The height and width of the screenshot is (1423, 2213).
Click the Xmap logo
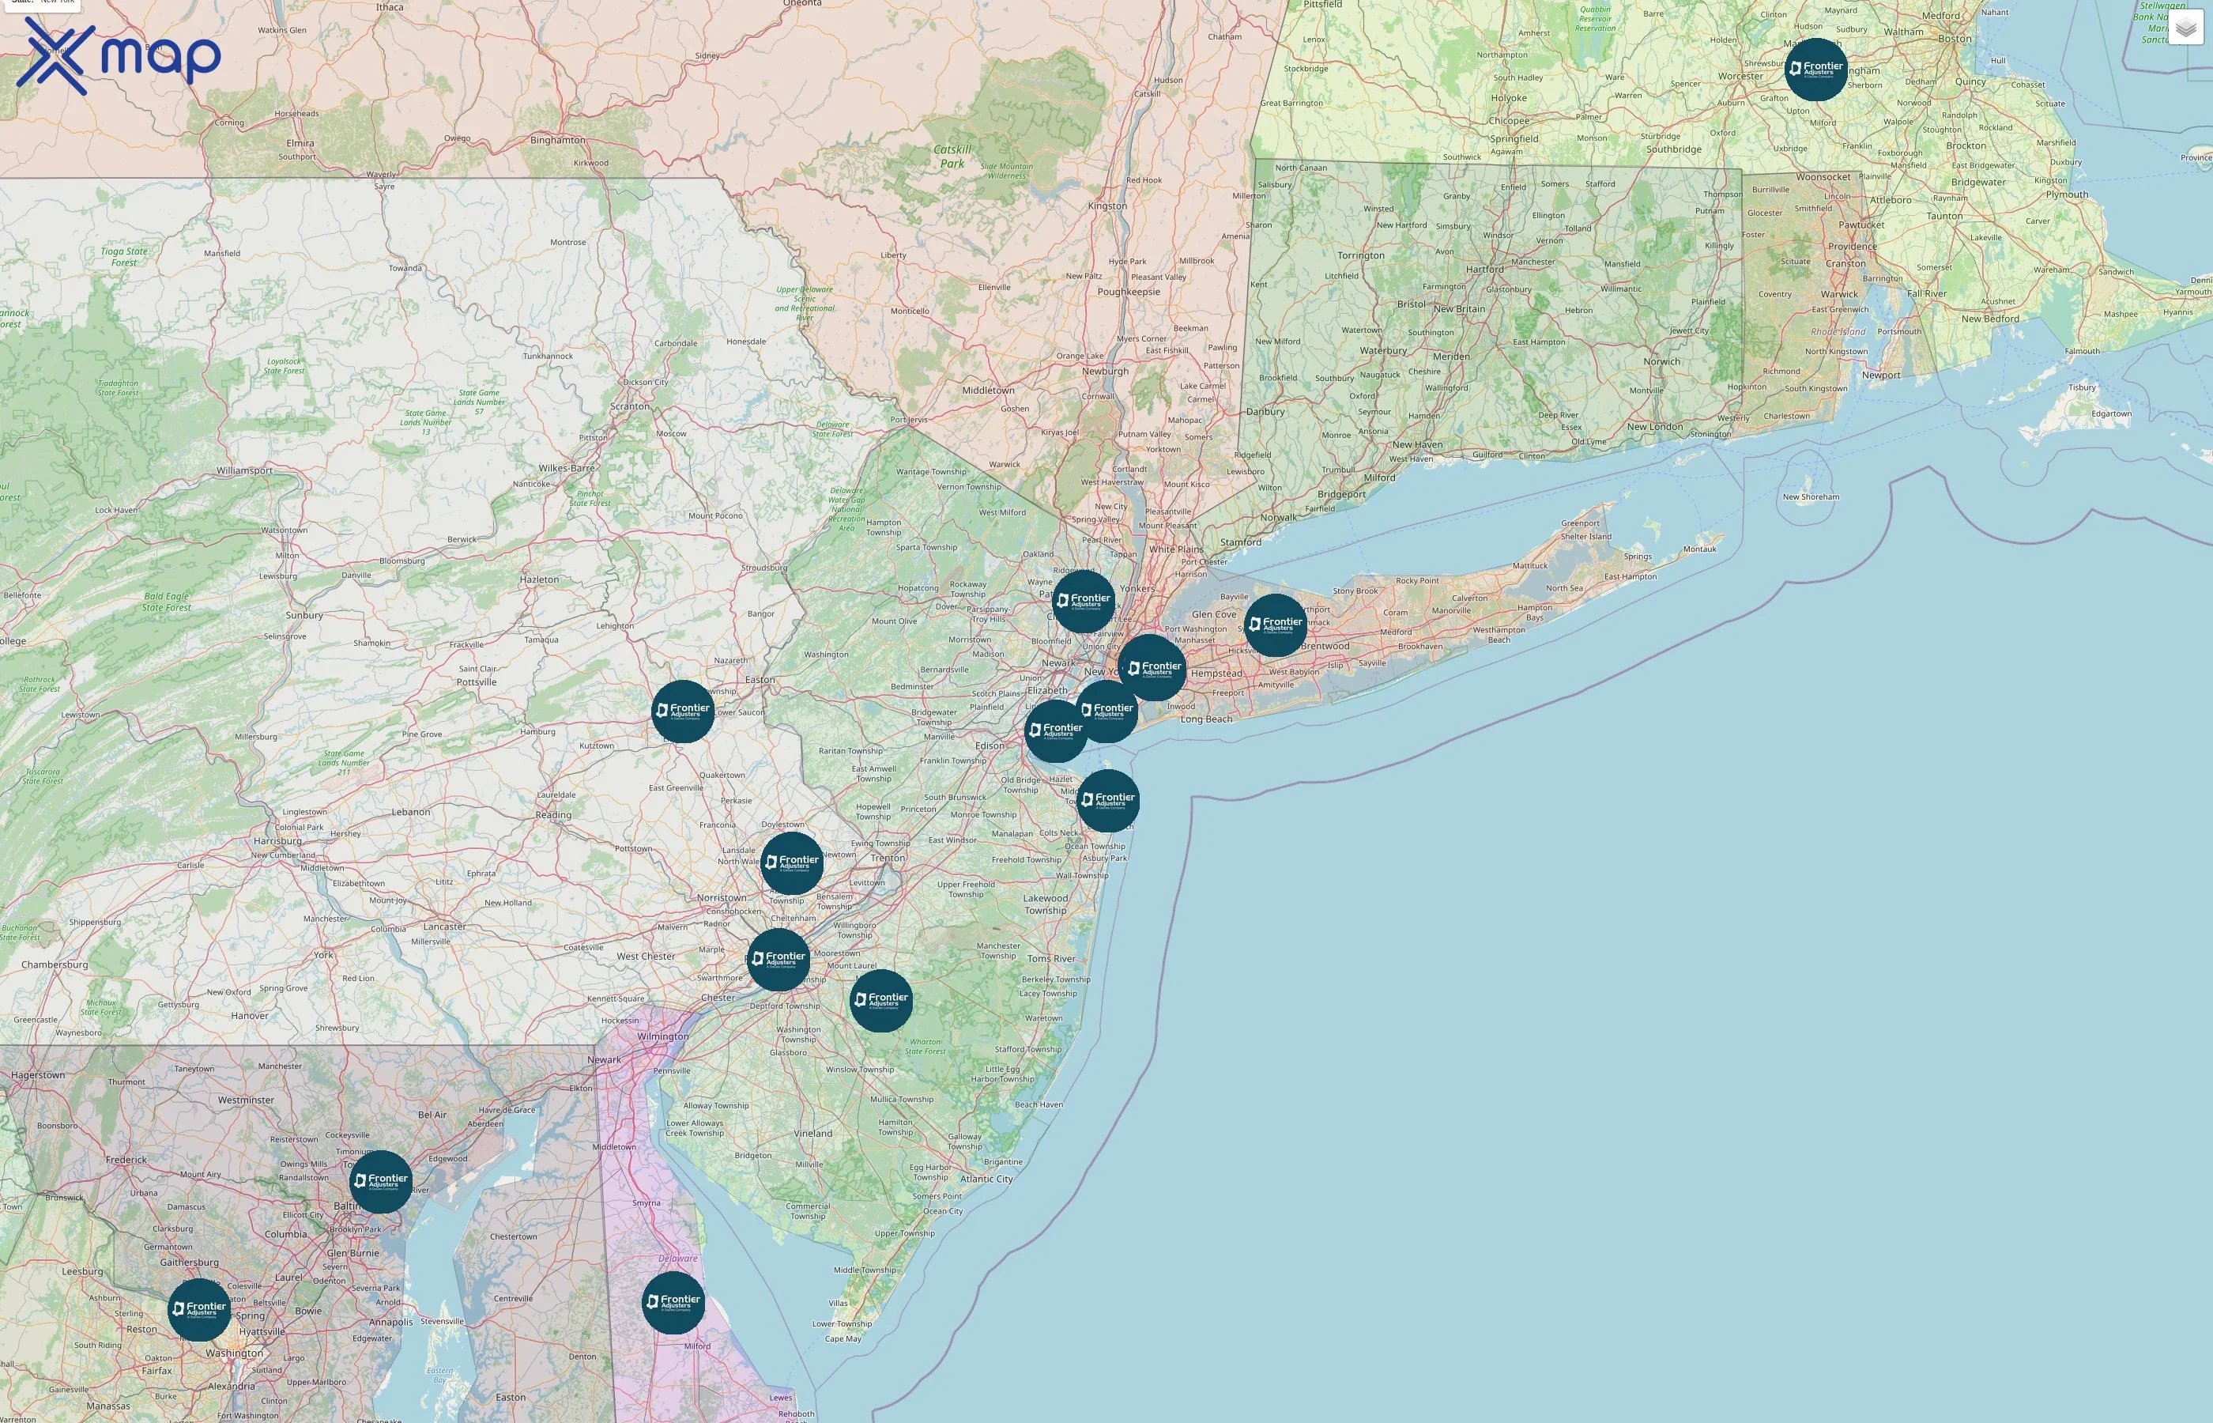tap(119, 56)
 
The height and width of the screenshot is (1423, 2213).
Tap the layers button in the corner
tap(2185, 28)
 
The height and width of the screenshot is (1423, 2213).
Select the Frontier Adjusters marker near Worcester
tap(1815, 70)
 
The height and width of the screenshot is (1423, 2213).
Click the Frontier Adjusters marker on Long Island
tap(1275, 625)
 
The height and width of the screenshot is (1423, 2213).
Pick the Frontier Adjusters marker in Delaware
tap(673, 1302)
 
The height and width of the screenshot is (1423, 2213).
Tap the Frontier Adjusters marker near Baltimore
tap(380, 1181)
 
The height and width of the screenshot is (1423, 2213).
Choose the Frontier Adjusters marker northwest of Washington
tap(198, 1309)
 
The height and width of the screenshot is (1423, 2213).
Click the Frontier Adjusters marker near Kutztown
tap(683, 711)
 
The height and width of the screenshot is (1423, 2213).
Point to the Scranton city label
tap(630, 406)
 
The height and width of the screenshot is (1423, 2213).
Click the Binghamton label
tap(557, 141)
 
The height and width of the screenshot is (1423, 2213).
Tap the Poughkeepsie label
tap(1128, 292)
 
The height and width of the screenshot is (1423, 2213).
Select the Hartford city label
tap(1484, 270)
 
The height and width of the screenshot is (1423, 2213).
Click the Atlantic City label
tap(986, 1179)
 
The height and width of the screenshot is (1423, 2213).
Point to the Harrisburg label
tap(277, 841)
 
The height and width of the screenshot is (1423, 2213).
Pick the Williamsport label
tap(245, 470)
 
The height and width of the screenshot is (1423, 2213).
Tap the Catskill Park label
tap(952, 157)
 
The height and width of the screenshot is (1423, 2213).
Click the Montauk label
tap(1699, 549)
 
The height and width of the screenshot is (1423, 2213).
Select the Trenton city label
tap(888, 858)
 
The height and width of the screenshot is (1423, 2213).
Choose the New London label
tap(1654, 427)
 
